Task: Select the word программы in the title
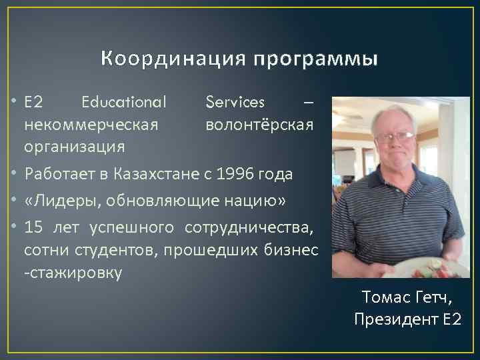point(315,61)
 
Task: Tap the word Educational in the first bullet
point(123,103)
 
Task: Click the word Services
point(235,103)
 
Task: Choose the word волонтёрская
point(259,124)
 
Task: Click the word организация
point(74,146)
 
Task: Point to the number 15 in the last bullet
point(33,227)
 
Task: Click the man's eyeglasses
point(394,137)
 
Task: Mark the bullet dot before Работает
point(14,175)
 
